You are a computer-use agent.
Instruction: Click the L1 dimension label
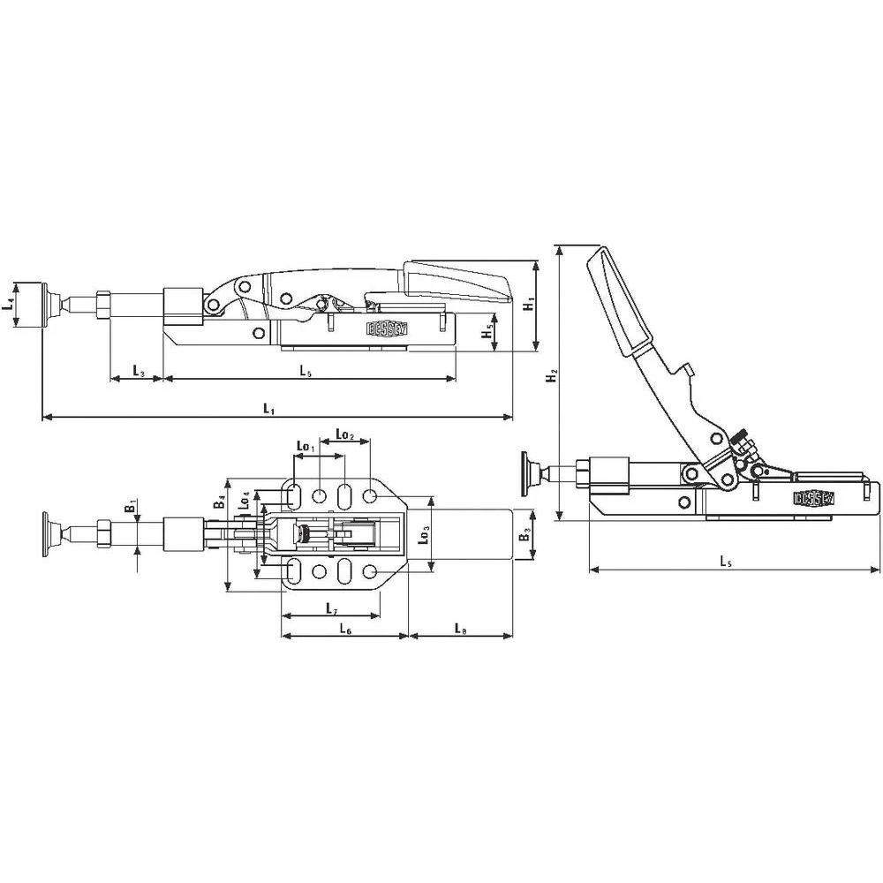pos(269,408)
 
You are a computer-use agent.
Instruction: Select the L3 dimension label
pos(138,370)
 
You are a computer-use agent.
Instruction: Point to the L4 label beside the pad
pos(8,305)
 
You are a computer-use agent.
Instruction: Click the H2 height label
pos(551,377)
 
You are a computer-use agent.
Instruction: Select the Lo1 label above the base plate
pos(305,448)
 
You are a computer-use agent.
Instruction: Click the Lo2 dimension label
pos(344,435)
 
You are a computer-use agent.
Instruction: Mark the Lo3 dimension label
pos(425,533)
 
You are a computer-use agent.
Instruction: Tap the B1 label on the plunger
pos(129,506)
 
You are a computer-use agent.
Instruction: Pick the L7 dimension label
pos(330,608)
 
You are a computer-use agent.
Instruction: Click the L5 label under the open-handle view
pos(725,561)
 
